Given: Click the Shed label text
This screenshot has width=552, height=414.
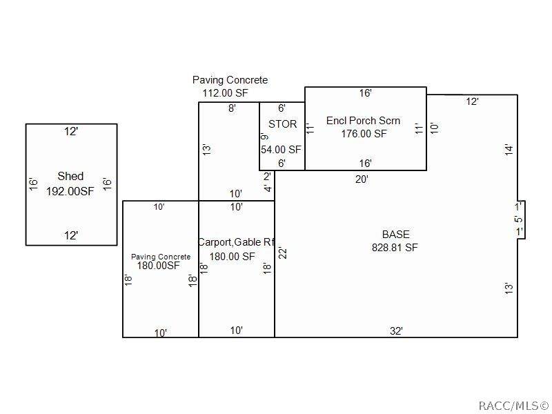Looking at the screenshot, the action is [x=70, y=176].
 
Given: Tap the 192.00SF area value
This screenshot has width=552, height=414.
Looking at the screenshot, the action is [x=70, y=191].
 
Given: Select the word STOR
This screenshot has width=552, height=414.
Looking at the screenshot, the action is [x=282, y=124].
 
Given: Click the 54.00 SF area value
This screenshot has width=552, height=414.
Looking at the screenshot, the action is [x=281, y=149].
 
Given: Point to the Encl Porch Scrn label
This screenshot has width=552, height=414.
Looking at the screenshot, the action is [x=363, y=121].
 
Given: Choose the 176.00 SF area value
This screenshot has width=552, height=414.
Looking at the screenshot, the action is [x=364, y=134].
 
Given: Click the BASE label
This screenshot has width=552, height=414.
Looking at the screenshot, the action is [x=395, y=235].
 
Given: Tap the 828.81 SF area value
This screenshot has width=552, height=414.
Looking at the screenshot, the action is [x=395, y=248].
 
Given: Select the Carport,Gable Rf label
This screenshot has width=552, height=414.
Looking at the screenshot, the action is [x=236, y=242].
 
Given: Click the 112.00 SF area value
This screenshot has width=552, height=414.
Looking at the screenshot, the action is [x=226, y=93].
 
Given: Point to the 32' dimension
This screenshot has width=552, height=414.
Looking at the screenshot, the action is [x=396, y=331].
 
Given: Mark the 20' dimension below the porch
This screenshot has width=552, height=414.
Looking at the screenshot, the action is [x=362, y=179].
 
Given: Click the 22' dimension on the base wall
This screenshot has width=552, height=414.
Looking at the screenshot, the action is [x=283, y=253].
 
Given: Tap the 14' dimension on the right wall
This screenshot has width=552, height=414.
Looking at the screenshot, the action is [x=509, y=150].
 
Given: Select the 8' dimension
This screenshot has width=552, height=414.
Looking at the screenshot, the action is [x=232, y=108].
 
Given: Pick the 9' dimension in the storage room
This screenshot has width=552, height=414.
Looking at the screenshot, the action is [x=265, y=135].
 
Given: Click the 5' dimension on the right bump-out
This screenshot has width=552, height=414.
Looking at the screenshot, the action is [x=518, y=219].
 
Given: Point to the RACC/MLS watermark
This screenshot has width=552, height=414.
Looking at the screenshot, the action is [x=514, y=406].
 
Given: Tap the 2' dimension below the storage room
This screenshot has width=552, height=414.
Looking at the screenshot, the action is [x=267, y=176].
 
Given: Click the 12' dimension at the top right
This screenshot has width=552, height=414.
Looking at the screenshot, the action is [x=472, y=101].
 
